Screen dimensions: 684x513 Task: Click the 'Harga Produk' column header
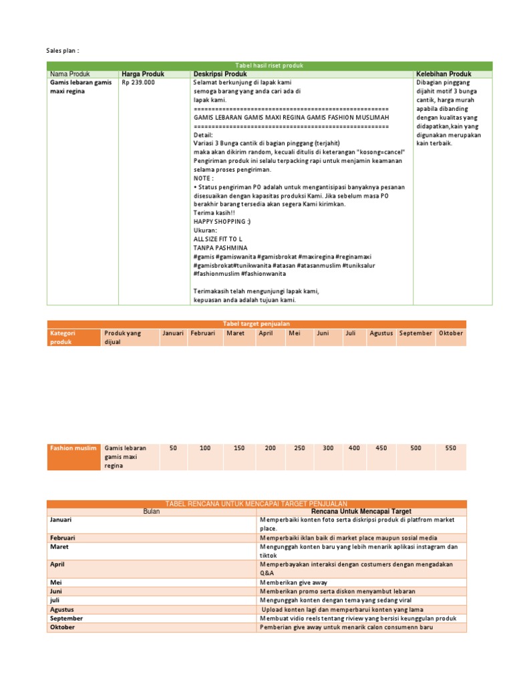click(142, 73)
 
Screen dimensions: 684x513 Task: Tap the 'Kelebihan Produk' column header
click(444, 73)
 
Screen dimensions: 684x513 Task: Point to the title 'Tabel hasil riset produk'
click(269, 65)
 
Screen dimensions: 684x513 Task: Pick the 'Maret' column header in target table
click(235, 333)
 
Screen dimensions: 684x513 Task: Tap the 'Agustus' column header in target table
click(381, 333)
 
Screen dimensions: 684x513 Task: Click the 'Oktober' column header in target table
click(450, 333)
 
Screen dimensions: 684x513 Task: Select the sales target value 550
click(451, 448)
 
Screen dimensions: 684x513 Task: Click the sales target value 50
click(173, 448)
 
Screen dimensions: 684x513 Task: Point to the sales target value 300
click(328, 448)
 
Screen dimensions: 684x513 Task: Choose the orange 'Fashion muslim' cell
click(73, 448)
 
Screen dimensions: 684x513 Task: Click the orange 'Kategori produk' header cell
click(73, 337)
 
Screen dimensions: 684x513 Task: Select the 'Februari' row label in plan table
click(62, 537)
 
